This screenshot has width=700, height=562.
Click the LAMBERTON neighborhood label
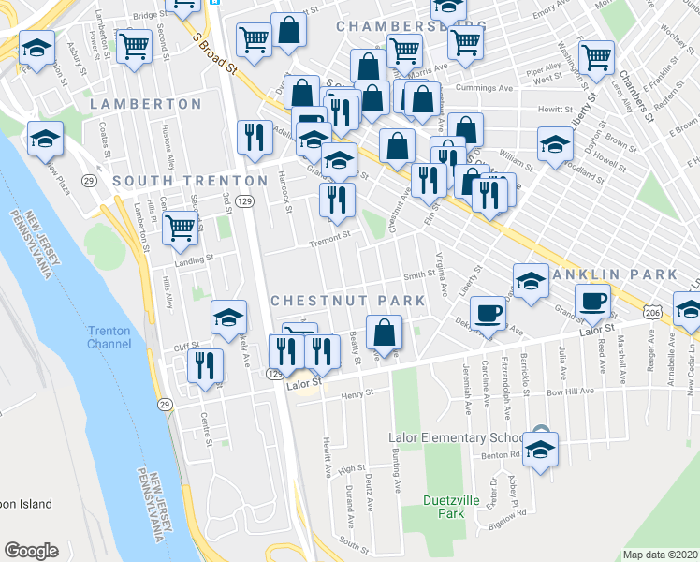tap(146, 104)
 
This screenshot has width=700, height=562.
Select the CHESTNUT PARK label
tap(347, 301)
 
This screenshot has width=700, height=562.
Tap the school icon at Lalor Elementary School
tap(540, 449)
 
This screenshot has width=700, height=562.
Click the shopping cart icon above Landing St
tap(180, 229)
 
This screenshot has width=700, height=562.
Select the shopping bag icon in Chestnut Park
tap(384, 333)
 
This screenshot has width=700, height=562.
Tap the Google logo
tap(31, 551)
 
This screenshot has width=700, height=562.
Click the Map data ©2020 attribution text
tap(660, 555)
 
